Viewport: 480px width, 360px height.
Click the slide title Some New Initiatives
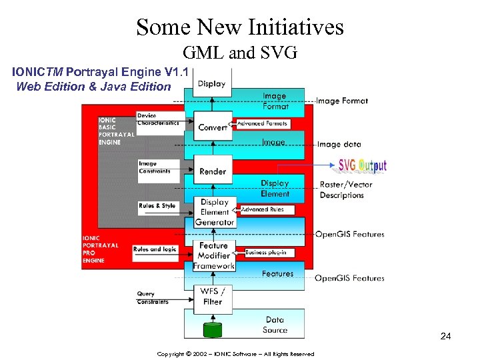coord(240,27)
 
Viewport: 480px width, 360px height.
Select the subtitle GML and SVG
coord(240,53)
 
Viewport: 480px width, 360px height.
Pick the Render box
coord(213,171)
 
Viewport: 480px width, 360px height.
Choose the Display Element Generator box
coord(215,212)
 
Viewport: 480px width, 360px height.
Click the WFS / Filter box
coord(213,297)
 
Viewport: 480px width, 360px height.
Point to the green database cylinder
coord(213,330)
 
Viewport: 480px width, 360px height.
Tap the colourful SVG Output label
coord(362,165)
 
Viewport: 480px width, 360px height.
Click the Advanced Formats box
coord(262,123)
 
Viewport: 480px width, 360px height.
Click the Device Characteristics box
coord(157,119)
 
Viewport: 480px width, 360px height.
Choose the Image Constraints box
coord(157,167)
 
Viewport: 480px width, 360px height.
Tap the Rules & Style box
coord(157,206)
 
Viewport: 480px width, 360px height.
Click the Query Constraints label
coord(152,298)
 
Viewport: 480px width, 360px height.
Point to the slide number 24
coord(445,337)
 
